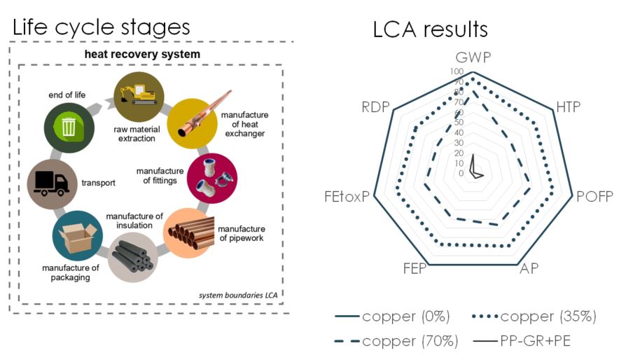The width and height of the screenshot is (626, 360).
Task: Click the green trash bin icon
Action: tap(69, 127)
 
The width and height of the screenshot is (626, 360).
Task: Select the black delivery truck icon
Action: tap(52, 184)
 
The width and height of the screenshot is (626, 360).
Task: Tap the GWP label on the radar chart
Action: tap(473, 57)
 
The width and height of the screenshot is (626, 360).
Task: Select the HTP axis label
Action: tap(569, 107)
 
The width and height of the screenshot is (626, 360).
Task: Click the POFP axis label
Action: tap(594, 196)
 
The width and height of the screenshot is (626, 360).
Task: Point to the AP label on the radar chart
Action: tap(529, 269)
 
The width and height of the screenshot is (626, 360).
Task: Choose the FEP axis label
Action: tap(415, 269)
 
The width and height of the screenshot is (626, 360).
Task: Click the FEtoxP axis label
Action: tap(347, 196)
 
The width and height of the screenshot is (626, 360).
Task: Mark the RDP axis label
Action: tap(375, 107)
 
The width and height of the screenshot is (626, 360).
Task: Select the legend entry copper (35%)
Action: tap(534, 317)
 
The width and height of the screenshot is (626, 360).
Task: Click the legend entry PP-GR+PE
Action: tap(522, 341)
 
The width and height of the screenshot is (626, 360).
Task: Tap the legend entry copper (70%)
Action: tap(396, 341)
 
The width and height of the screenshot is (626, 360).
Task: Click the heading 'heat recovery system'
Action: tap(142, 54)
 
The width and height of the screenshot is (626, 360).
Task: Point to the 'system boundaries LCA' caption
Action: tap(238, 296)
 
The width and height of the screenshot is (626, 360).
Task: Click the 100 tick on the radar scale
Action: tap(457, 71)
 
